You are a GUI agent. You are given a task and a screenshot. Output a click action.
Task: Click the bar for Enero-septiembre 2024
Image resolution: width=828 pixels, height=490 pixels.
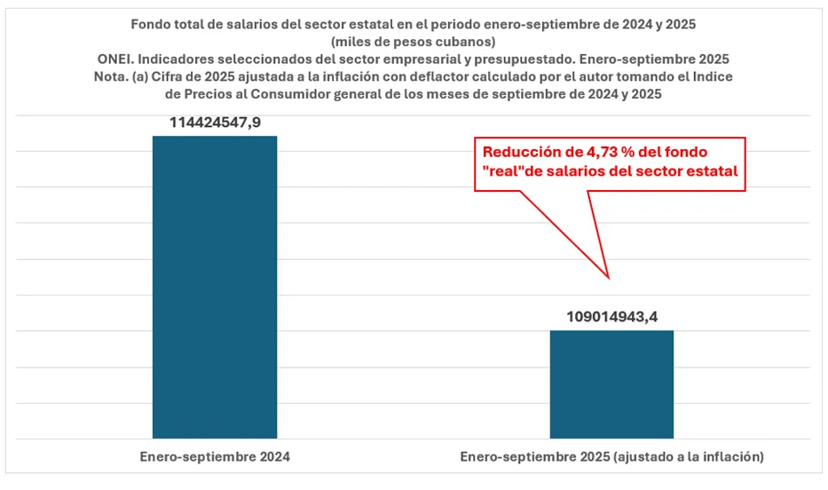215,287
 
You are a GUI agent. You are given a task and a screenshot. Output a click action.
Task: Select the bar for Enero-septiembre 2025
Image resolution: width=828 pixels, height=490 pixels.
611,383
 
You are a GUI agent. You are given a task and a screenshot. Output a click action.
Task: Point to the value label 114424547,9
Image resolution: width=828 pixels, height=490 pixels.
215,121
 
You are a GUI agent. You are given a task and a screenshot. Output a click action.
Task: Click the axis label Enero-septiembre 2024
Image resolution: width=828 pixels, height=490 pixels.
216,457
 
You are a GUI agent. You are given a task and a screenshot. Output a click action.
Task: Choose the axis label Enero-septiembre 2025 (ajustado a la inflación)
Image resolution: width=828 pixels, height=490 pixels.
611,457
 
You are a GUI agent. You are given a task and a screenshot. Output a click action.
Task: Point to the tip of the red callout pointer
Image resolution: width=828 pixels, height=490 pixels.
608,278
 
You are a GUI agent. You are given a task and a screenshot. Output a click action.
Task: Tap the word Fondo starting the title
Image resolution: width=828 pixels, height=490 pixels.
152,25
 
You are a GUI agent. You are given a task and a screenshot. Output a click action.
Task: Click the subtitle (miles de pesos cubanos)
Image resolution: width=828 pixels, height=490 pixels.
414,42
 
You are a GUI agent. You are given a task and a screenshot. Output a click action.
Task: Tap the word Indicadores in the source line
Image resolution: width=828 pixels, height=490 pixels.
180,59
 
